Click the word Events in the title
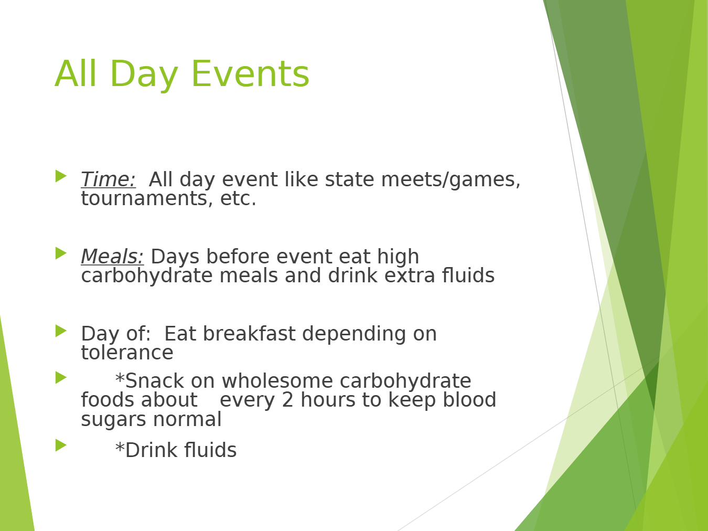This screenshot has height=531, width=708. click(250, 74)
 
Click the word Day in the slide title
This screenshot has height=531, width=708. click(144, 76)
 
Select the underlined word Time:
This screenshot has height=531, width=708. click(108, 179)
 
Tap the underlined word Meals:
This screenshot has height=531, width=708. click(112, 257)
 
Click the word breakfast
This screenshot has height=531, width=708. click(249, 334)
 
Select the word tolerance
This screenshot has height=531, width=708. click(127, 353)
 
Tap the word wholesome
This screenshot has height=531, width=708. click(277, 381)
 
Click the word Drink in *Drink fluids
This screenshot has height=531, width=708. click(151, 450)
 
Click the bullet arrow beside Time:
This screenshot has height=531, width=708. click(61, 176)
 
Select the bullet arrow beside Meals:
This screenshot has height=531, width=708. click(61, 253)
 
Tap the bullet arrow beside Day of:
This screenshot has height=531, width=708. click(61, 331)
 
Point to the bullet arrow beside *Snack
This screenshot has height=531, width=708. click(61, 378)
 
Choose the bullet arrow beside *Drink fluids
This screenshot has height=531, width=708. click(61, 445)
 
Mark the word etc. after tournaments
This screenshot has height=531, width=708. click(238, 198)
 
